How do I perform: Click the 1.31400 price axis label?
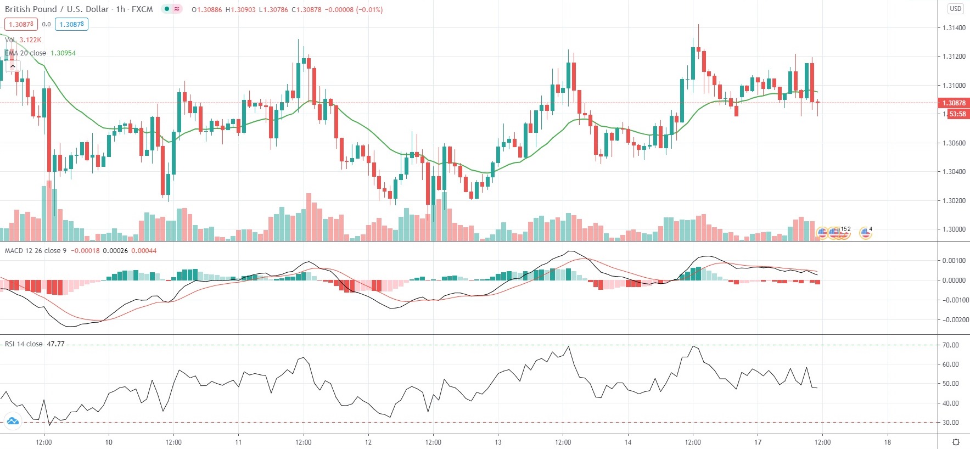[954, 28]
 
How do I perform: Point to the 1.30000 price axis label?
[954, 229]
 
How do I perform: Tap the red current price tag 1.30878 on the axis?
[954, 103]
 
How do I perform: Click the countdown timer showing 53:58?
[957, 114]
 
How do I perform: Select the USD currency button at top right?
[956, 9]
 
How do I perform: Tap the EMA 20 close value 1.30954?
[63, 53]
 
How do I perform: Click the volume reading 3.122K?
[30, 40]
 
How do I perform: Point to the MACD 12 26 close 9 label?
[36, 251]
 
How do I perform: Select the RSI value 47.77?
[55, 344]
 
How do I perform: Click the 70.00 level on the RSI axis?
[951, 345]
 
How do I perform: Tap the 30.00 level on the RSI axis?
[951, 423]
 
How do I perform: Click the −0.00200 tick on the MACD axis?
[954, 320]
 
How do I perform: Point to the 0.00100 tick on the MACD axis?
[954, 261]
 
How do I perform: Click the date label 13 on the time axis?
[498, 442]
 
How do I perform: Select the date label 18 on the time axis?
[887, 442]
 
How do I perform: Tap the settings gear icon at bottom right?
[956, 442]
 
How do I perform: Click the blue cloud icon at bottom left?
[12, 422]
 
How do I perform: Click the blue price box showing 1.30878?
[72, 24]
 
